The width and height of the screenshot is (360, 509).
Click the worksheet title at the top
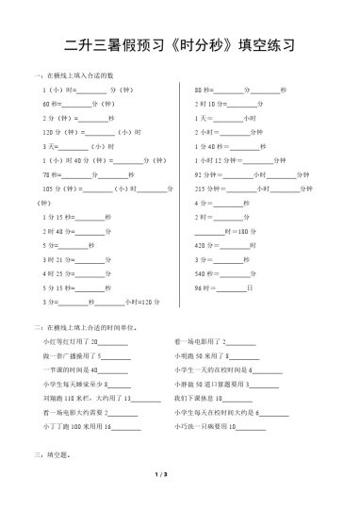(x=180, y=44)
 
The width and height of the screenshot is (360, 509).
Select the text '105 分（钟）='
(x=61, y=189)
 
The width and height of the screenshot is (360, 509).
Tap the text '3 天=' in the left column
(x=51, y=146)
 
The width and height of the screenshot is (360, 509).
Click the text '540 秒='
(x=205, y=273)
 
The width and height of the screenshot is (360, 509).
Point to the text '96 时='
(x=204, y=287)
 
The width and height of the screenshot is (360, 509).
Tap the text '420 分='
(x=205, y=245)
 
